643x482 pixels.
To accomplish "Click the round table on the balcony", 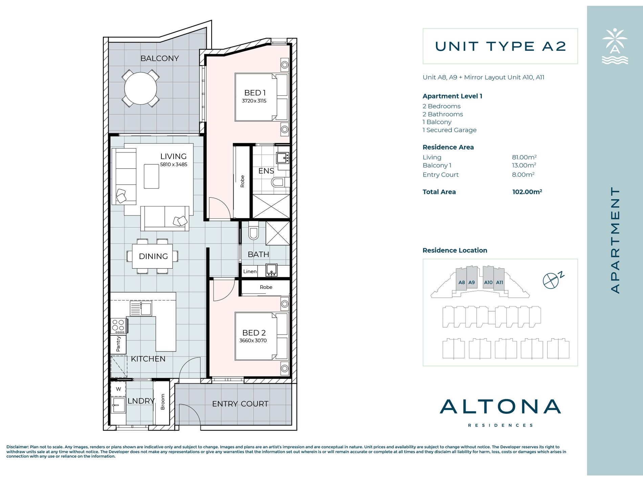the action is [x=140, y=89].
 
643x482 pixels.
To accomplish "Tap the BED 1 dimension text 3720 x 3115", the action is [x=254, y=101].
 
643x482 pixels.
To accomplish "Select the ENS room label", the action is [x=266, y=171].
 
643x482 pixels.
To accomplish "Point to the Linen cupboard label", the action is [x=250, y=271].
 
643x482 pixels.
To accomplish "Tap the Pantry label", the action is [x=118, y=344].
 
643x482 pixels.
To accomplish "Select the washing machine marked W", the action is [x=118, y=389].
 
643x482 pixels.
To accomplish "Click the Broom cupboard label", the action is [x=163, y=402].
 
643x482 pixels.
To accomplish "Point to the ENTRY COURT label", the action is [x=240, y=404].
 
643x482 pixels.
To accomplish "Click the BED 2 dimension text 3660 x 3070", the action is [x=253, y=341].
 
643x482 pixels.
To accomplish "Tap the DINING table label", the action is [x=153, y=256].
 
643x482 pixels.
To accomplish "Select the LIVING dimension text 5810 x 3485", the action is [x=174, y=165].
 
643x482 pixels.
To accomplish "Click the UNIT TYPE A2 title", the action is [x=501, y=46].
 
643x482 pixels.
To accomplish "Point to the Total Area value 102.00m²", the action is [x=527, y=192].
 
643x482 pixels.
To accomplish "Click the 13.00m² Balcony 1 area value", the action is [x=524, y=165].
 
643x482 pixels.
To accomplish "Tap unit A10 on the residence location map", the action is [x=488, y=282].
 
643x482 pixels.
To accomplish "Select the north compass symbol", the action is [x=551, y=281].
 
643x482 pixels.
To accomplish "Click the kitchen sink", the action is [x=141, y=308].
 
